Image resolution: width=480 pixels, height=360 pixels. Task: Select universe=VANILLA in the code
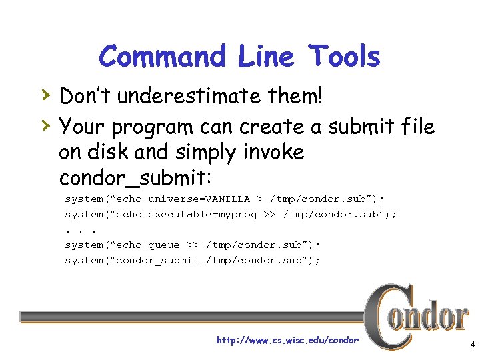(199, 199)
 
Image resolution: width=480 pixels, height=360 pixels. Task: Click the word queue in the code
(163, 245)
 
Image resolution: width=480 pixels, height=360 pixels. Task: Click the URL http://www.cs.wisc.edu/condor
(287, 341)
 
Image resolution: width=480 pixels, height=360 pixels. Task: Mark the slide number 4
(472, 345)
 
